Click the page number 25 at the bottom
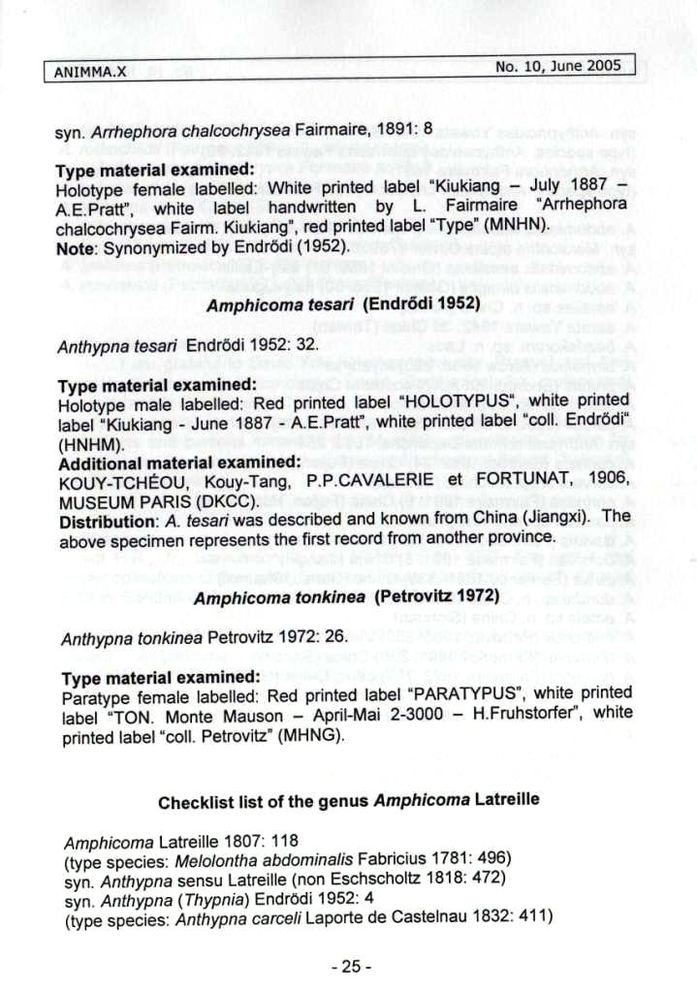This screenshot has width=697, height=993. pos(350,965)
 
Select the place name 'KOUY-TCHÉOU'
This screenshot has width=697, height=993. pos(122,482)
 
